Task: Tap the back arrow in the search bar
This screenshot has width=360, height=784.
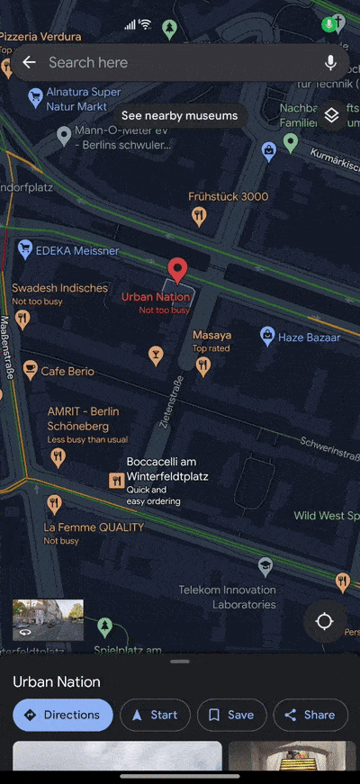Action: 29,62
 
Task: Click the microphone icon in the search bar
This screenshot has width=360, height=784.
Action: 330,62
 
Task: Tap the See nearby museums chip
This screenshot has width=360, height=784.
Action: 179,115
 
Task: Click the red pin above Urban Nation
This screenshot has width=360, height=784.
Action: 178,270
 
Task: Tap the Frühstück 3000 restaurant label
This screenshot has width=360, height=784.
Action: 228,196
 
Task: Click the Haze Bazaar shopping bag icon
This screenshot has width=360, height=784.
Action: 267,337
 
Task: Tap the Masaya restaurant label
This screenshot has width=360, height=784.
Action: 211,335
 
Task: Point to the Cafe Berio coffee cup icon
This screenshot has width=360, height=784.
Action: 30,370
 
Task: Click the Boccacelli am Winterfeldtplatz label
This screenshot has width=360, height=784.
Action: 161,469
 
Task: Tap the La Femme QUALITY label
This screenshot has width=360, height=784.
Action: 94,527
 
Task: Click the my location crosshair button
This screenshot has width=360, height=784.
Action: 325,622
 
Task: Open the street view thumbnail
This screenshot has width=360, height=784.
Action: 48,620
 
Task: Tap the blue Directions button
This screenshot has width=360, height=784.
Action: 63,715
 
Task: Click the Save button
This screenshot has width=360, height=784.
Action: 231,715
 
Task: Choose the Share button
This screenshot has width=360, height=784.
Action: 310,715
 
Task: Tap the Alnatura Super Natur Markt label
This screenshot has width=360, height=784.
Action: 85,99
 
